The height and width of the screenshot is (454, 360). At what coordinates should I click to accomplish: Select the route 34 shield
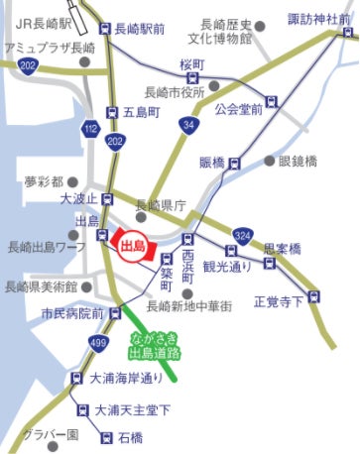point(187,124)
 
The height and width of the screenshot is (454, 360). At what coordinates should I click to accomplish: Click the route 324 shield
point(243,235)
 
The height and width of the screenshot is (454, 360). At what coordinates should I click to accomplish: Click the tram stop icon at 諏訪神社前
point(347,33)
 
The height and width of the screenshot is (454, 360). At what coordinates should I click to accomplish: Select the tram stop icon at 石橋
point(105,436)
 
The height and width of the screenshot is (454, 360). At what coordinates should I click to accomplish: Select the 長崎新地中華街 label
point(188,308)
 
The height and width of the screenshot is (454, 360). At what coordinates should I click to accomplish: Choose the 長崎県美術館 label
point(42,287)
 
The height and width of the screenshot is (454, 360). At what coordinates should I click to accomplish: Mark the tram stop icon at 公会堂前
point(272,100)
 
